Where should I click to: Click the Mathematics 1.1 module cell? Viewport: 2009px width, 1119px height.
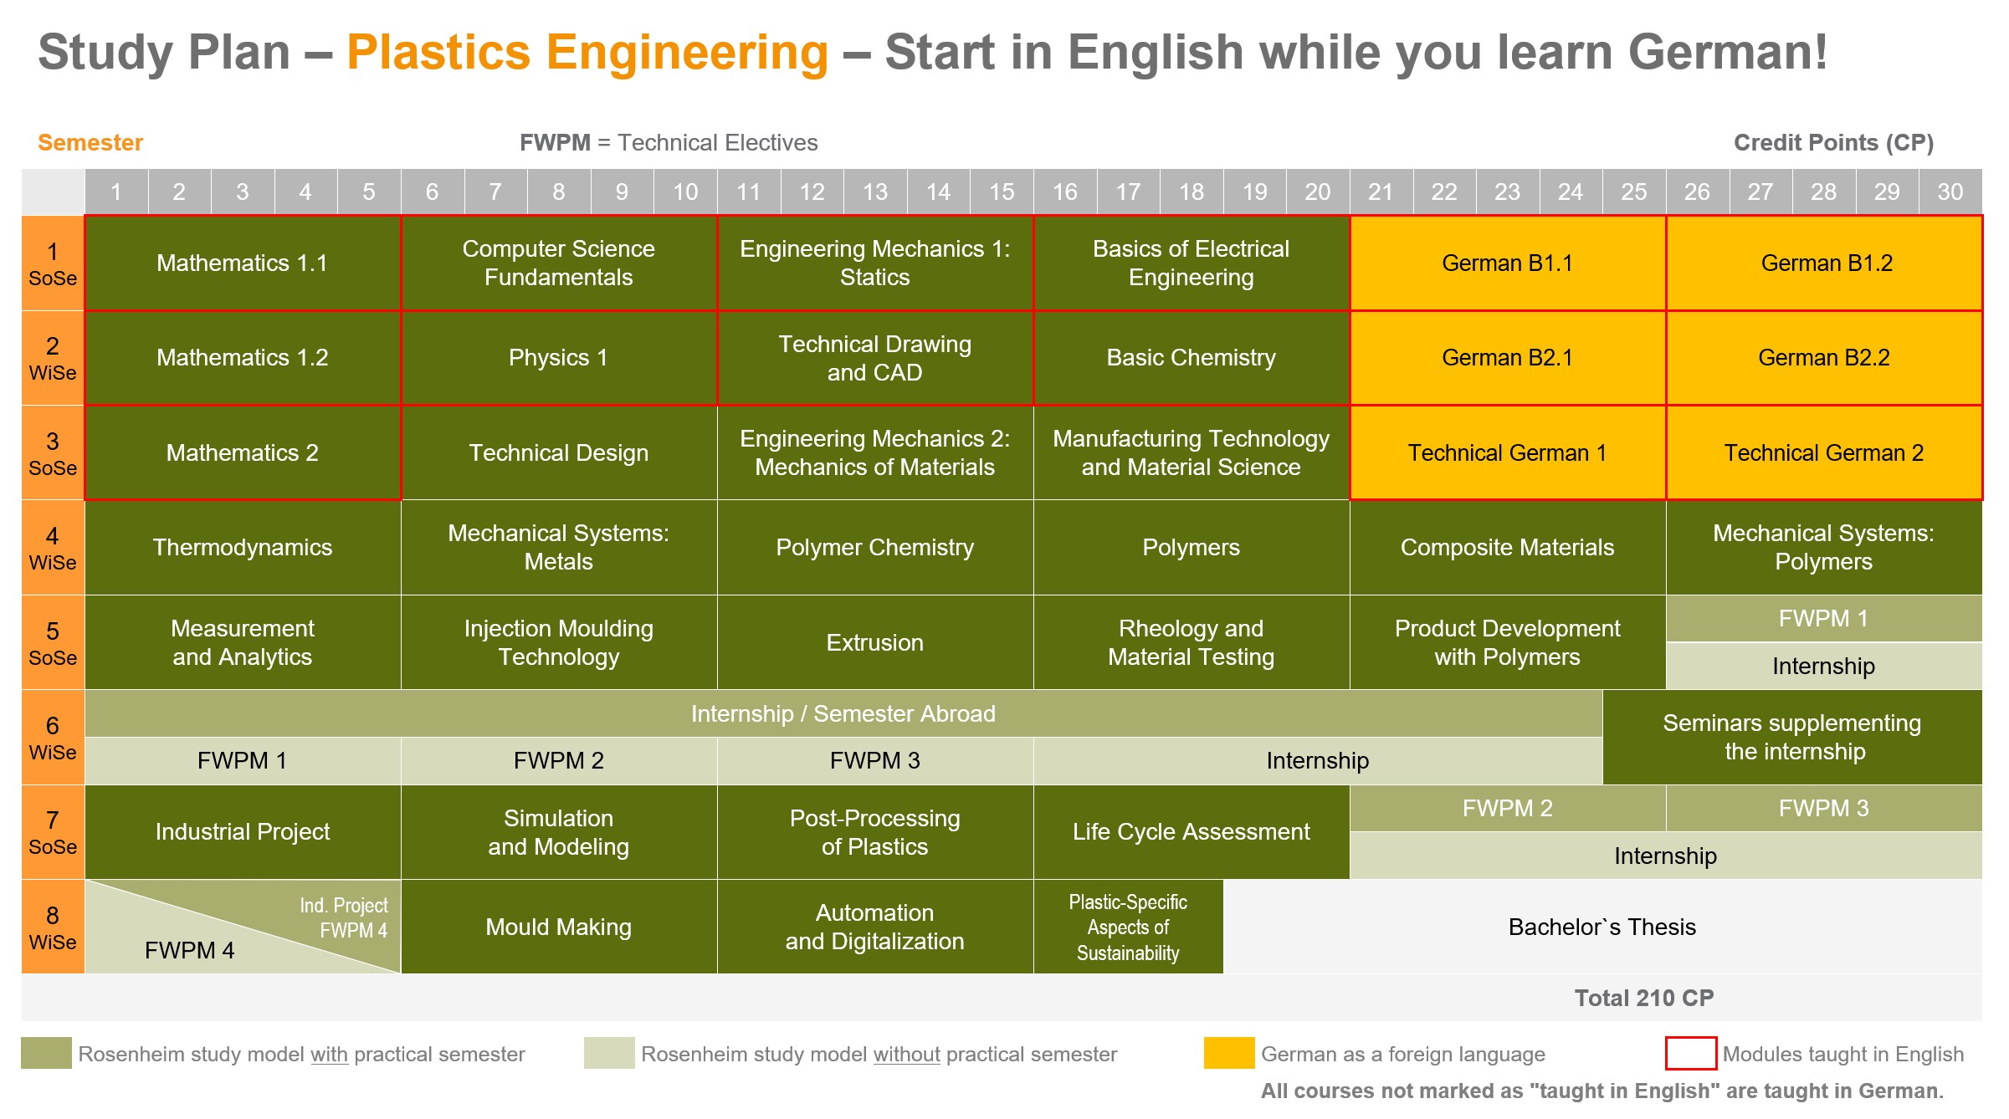pyautogui.click(x=243, y=263)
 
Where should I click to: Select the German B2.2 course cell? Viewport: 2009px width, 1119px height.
pyautogui.click(x=1824, y=358)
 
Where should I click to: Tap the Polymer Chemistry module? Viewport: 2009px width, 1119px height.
pyautogui.click(x=875, y=548)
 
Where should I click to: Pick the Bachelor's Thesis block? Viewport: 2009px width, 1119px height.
pyautogui.click(x=1602, y=927)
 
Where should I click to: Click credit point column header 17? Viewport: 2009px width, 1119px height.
pyautogui.click(x=1128, y=192)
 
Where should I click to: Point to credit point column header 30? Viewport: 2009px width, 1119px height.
pyautogui.click(x=1950, y=192)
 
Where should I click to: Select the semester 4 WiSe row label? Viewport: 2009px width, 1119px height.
pyautogui.click(x=53, y=548)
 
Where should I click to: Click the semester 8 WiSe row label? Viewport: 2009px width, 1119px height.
pyautogui.click(x=53, y=927)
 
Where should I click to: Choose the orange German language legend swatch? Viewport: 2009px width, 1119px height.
pyautogui.click(x=1229, y=1053)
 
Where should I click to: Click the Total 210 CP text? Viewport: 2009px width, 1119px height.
pyautogui.click(x=1644, y=998)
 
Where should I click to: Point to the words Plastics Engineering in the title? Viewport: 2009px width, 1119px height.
pyautogui.click(x=587, y=53)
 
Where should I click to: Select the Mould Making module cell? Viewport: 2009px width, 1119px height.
pyautogui.click(x=559, y=927)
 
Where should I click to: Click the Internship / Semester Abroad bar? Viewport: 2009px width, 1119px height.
pyautogui.click(x=843, y=713)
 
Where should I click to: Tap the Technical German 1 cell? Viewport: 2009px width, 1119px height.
pyautogui.click(x=1508, y=452)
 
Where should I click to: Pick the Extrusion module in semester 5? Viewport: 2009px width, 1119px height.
pyautogui.click(x=875, y=642)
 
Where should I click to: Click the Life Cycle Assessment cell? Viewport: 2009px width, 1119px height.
pyautogui.click(x=1192, y=832)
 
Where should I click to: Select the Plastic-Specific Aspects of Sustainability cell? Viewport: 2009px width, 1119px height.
pyautogui.click(x=1128, y=927)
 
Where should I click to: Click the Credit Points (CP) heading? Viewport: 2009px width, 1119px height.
pyautogui.click(x=1833, y=143)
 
